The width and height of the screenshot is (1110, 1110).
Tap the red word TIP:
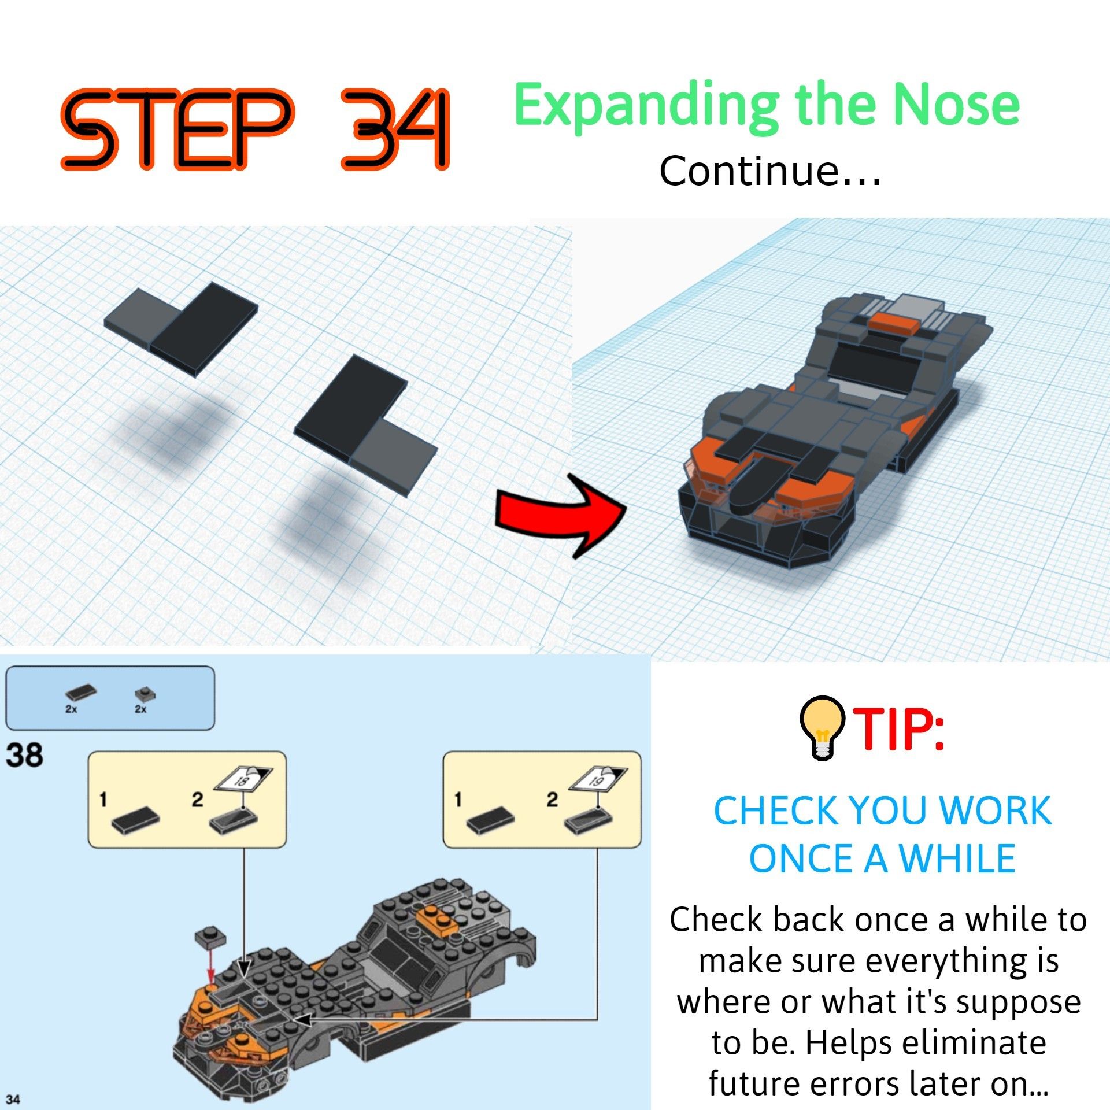pos(899,730)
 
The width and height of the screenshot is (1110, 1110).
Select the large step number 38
pos(25,755)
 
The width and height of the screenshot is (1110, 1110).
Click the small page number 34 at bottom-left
pos(13,1099)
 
